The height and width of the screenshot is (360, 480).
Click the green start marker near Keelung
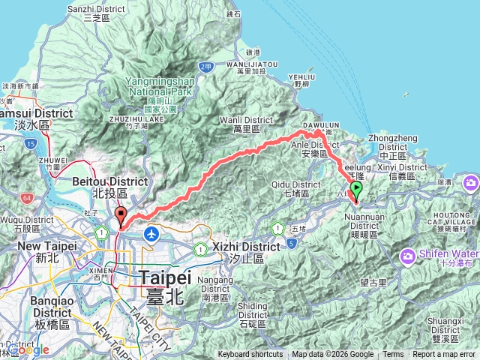(x=357, y=190)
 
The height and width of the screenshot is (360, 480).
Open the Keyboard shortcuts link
(x=250, y=355)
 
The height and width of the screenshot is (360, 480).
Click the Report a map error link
(x=444, y=355)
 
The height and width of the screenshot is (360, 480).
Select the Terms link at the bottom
(x=393, y=355)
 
